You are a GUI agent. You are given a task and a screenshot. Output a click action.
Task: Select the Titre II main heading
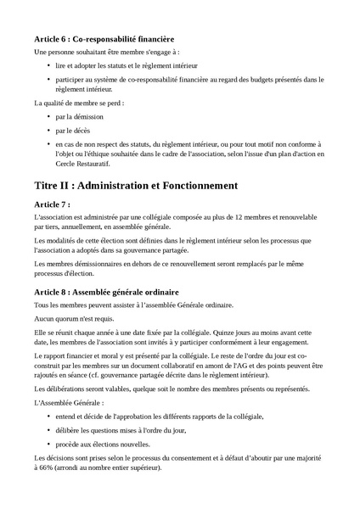coord(136,185)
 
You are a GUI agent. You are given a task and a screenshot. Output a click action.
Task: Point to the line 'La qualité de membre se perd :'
coord(79,103)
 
